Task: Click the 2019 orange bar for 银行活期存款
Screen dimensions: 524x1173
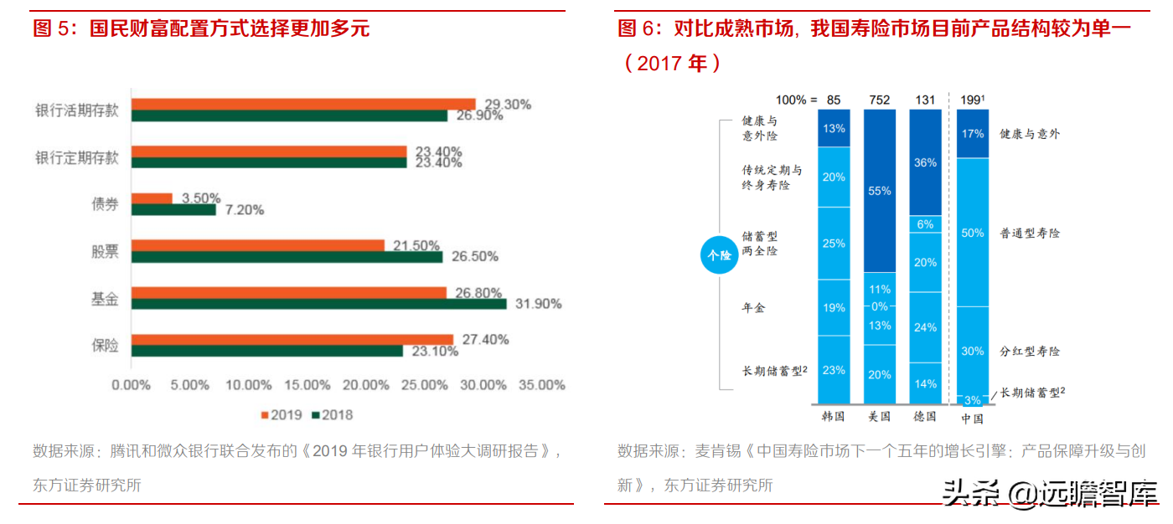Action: (x=303, y=104)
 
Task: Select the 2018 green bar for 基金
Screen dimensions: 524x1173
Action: (x=318, y=304)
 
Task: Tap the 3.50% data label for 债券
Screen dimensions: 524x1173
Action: (x=199, y=198)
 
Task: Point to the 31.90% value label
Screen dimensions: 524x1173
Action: (x=536, y=304)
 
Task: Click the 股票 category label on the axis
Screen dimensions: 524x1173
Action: (x=105, y=251)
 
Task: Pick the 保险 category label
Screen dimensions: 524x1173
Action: (x=105, y=345)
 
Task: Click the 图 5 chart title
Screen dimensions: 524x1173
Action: (x=201, y=28)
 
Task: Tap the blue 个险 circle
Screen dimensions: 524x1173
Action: (x=719, y=255)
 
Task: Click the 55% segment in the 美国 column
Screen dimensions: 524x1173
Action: (x=880, y=191)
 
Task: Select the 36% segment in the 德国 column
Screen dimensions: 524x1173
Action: (x=926, y=162)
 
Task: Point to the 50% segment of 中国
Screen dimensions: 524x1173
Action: (x=973, y=233)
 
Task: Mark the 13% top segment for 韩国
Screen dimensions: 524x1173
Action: (x=834, y=128)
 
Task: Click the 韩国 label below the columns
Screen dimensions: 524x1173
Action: (x=834, y=416)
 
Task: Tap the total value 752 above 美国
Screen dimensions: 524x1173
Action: (x=880, y=100)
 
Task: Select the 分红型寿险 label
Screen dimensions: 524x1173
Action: (x=1030, y=351)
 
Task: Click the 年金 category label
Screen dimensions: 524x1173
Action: (x=753, y=308)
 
